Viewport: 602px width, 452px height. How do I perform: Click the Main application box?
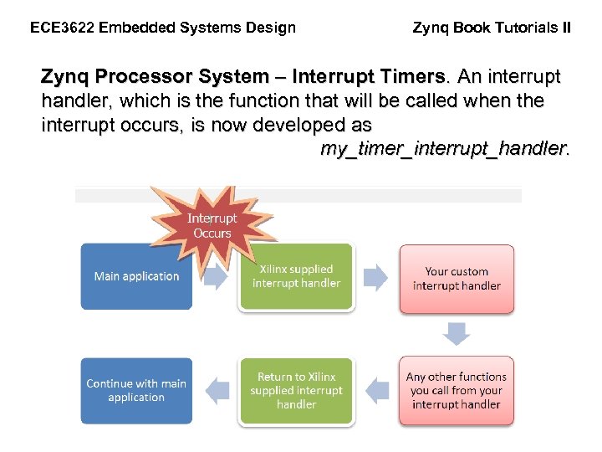pyautogui.click(x=136, y=276)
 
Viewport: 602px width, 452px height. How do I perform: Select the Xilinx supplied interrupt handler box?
pyautogui.click(x=296, y=276)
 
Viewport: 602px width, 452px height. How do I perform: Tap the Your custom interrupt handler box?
pyautogui.click(x=457, y=279)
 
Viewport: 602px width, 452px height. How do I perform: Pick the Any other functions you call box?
pyautogui.click(x=457, y=391)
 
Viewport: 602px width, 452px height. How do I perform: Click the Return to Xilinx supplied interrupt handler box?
pyautogui.click(x=296, y=391)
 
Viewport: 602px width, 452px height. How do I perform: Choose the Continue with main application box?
pyautogui.click(x=136, y=391)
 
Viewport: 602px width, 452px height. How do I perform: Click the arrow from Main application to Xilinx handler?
pyautogui.click(x=215, y=277)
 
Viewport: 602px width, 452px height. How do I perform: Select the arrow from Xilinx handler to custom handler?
pyautogui.click(x=376, y=277)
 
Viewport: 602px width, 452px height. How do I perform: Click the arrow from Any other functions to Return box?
pyautogui.click(x=377, y=390)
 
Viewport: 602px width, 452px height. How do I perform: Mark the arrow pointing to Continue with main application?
pyautogui.click(x=217, y=390)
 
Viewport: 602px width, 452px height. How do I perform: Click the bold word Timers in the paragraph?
pyautogui.click(x=411, y=78)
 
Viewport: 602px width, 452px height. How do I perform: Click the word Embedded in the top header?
pyautogui.click(x=134, y=28)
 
